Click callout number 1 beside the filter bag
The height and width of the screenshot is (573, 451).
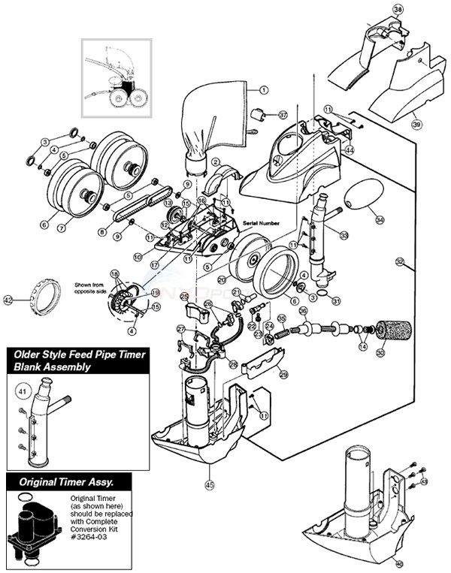tap(264, 89)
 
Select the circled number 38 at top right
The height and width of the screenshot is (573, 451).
tap(398, 11)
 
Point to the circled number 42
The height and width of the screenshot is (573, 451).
tap(9, 300)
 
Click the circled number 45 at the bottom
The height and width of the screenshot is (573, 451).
tap(209, 484)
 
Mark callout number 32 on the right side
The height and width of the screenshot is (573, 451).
tap(399, 262)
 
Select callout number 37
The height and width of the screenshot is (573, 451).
tap(283, 115)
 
